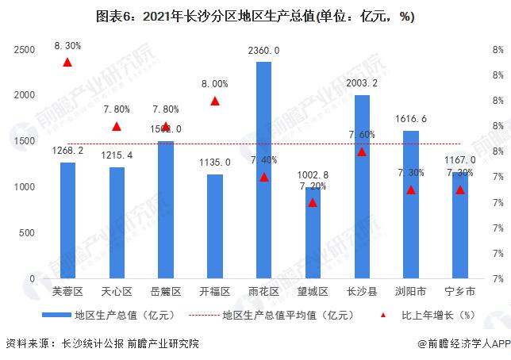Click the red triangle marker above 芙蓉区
point(67,62)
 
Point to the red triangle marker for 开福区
point(215,101)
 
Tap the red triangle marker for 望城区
point(313,202)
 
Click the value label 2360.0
point(263,51)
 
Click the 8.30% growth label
point(67,46)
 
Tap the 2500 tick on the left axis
point(25,49)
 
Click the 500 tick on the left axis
point(28,232)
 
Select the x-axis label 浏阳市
point(411,291)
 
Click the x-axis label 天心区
point(117,291)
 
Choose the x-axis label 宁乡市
point(460,291)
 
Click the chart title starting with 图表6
point(255,17)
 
